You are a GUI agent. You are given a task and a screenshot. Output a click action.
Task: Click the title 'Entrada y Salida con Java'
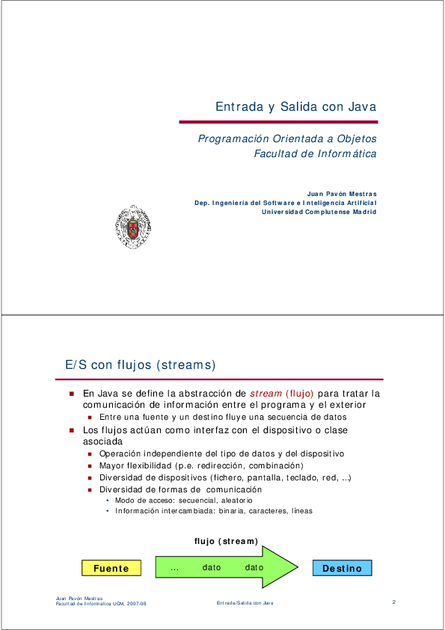click(295, 107)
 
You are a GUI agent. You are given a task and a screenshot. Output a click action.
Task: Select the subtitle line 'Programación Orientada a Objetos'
click(287, 138)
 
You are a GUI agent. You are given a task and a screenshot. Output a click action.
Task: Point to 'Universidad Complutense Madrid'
click(319, 211)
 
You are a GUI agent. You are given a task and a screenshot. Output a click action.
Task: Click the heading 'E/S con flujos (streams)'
click(141, 365)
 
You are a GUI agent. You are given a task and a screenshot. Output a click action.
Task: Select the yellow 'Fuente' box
click(111, 569)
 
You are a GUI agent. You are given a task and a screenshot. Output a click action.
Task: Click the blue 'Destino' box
click(342, 569)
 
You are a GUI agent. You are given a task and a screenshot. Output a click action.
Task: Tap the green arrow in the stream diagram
click(224, 568)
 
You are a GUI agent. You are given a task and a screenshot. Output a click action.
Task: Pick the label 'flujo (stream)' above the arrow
click(226, 541)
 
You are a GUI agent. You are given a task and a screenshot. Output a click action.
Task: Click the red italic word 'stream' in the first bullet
click(266, 393)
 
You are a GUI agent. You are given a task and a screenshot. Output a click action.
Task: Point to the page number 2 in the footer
click(393, 602)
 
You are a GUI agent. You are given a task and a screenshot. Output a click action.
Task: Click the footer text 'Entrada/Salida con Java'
click(245, 603)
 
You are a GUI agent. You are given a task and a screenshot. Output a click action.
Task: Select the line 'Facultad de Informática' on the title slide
click(315, 154)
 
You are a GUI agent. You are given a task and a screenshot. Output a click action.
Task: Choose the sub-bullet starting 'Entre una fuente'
click(223, 417)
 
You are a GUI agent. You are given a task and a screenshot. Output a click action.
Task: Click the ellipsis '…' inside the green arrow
click(174, 568)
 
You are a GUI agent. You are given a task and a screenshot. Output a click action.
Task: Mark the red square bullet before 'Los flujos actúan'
click(72, 430)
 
